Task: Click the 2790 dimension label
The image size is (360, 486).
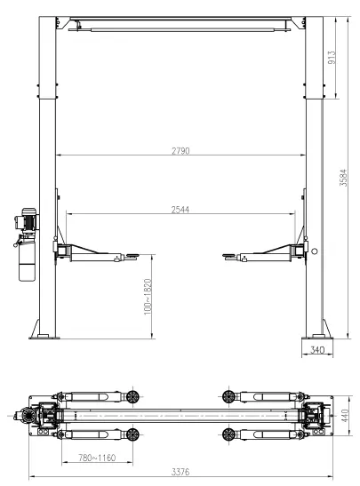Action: click(180, 151)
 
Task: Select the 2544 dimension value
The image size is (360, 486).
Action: click(180, 210)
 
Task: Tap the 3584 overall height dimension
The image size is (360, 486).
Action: click(343, 178)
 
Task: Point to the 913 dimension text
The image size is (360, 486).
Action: click(332, 58)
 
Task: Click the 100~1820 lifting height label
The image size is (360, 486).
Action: click(148, 297)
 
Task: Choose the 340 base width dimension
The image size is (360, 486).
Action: click(317, 350)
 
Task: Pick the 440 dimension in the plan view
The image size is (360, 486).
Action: click(345, 415)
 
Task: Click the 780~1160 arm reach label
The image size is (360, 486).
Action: click(97, 458)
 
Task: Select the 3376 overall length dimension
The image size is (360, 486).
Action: click(180, 472)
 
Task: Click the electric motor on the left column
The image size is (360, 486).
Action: click(26, 219)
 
